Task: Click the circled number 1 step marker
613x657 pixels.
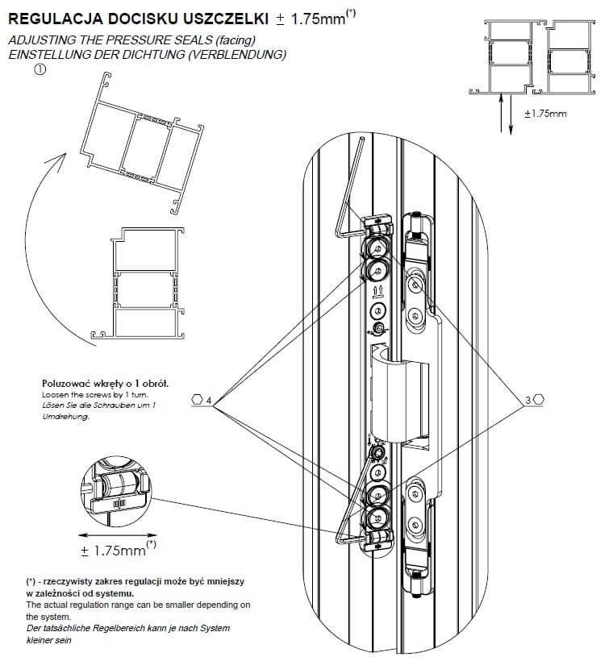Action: tap(40, 71)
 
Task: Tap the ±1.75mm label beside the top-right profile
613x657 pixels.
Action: tap(545, 114)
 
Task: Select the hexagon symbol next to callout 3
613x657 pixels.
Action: tap(540, 400)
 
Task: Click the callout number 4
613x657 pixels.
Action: tap(209, 400)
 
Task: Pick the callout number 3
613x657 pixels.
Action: tap(528, 400)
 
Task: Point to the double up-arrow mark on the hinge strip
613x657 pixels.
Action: tap(377, 288)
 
